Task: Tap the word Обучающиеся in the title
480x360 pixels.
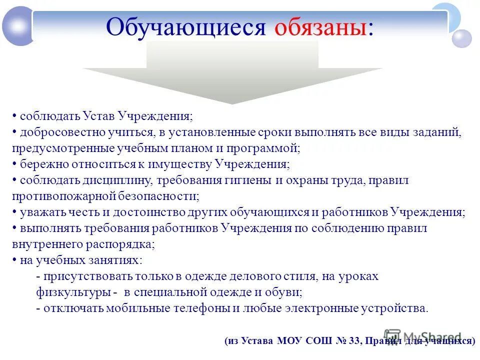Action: click(186, 28)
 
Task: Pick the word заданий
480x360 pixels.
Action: click(436, 132)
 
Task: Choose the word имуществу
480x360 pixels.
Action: click(184, 164)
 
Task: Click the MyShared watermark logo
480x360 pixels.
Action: click(422, 337)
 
